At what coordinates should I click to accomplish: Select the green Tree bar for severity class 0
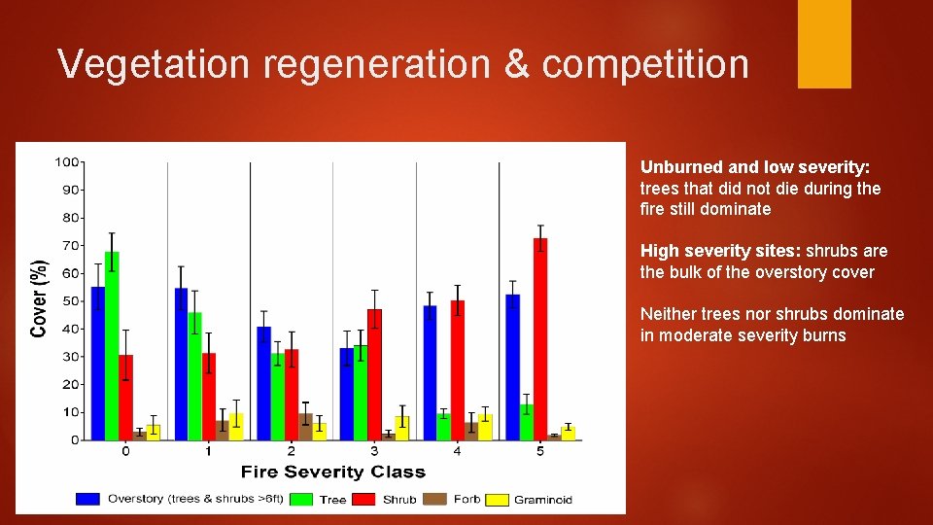[112, 345]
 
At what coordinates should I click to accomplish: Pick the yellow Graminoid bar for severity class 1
[236, 427]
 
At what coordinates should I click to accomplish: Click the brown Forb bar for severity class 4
[471, 431]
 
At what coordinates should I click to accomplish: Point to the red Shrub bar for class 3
[374, 374]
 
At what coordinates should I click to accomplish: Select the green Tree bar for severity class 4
[444, 427]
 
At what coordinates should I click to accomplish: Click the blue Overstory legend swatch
[87, 499]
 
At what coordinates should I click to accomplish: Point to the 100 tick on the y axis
[67, 161]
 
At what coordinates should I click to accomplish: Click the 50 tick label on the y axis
[71, 301]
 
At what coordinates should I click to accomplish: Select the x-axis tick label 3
[374, 452]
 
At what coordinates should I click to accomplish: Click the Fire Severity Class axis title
[332, 472]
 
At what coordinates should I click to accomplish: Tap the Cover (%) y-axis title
[40, 298]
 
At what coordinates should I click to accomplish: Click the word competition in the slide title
[645, 65]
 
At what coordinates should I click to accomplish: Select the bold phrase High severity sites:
[720, 251]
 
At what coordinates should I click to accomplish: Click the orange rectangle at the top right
[824, 44]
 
